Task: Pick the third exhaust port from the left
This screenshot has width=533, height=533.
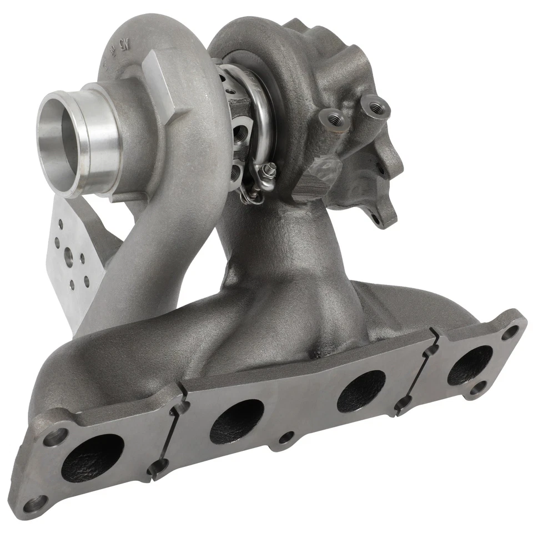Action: (x=361, y=391)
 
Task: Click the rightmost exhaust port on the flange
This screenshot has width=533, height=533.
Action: (x=469, y=365)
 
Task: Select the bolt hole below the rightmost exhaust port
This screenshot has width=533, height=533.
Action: (x=476, y=390)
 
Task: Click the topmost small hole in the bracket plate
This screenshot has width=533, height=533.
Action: (x=59, y=223)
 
